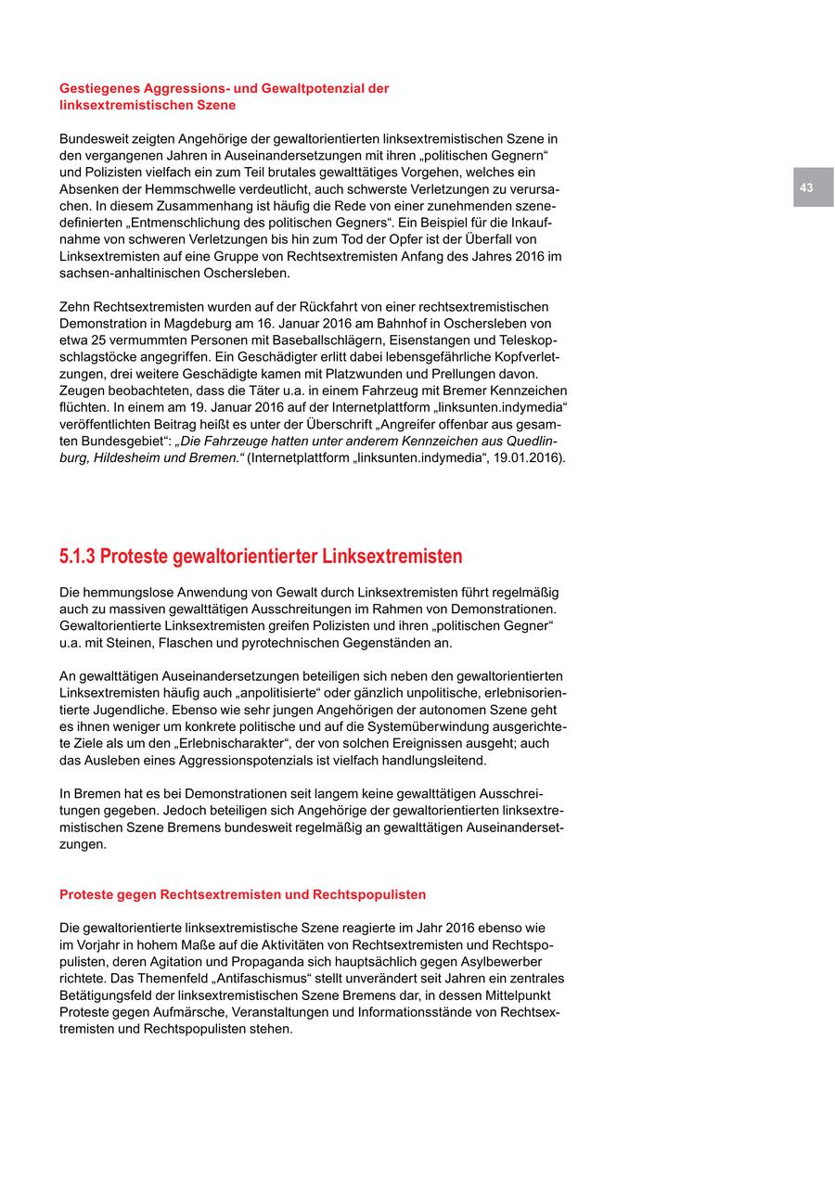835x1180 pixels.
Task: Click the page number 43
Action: pos(806,187)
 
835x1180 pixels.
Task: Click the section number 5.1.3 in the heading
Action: pos(77,557)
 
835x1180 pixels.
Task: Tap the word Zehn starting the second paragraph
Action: pos(75,307)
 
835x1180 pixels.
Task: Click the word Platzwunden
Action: pos(376,374)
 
